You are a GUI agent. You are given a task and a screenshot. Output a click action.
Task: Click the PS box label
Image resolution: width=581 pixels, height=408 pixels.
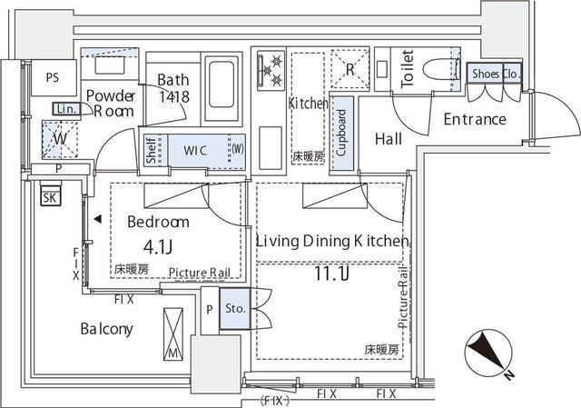tap(44, 77)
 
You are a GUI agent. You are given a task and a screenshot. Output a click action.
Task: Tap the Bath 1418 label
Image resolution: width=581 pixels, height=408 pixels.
tap(172, 87)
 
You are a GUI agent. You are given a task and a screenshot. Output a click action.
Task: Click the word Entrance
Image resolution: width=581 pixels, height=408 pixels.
tap(474, 119)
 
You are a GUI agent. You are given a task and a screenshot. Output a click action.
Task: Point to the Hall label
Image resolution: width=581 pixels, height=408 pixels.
tap(389, 139)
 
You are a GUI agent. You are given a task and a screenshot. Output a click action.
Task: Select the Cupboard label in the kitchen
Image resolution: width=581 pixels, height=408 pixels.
tap(341, 134)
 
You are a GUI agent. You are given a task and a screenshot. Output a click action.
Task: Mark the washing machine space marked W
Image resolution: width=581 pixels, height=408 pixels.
tap(59, 139)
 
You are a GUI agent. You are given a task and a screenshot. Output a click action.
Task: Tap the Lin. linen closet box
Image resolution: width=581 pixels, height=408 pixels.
tap(65, 109)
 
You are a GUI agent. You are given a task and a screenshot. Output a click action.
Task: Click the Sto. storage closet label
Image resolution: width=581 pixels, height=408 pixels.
tap(233, 308)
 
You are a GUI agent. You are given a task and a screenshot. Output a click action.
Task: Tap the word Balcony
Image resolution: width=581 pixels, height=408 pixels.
tap(106, 329)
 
